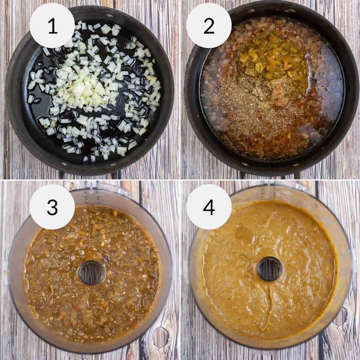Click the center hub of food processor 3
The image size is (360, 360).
(x=92, y=273)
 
